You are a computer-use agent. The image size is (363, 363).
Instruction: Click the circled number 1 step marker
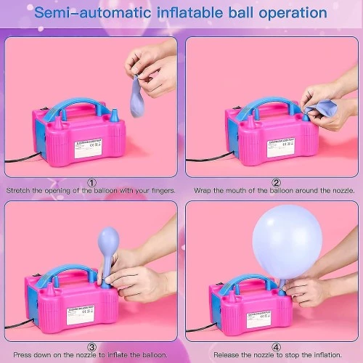(x=91, y=182)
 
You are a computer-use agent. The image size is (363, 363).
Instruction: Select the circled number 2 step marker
(x=276, y=182)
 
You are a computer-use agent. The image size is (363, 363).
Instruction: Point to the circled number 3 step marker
(x=91, y=347)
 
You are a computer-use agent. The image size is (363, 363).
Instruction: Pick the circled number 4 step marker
(x=276, y=347)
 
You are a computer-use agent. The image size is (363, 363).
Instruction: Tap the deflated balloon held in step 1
(x=139, y=89)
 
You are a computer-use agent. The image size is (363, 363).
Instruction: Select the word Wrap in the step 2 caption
(x=201, y=191)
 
